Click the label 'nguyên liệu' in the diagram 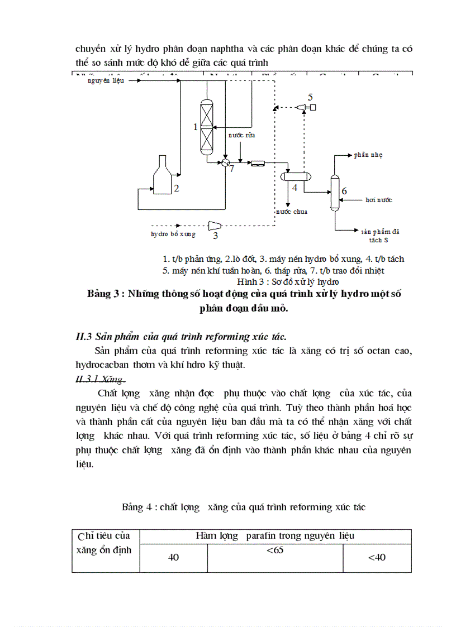point(106,81)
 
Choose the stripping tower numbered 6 point(335,192)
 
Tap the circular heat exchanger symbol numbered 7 point(225,162)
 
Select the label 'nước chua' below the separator point(291,212)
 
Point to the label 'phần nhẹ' point(368,154)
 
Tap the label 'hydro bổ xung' point(173,234)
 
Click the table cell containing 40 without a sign point(173,557)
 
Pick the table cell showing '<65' point(274,551)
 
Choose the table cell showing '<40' point(377,557)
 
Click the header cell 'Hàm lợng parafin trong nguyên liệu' point(275,536)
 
